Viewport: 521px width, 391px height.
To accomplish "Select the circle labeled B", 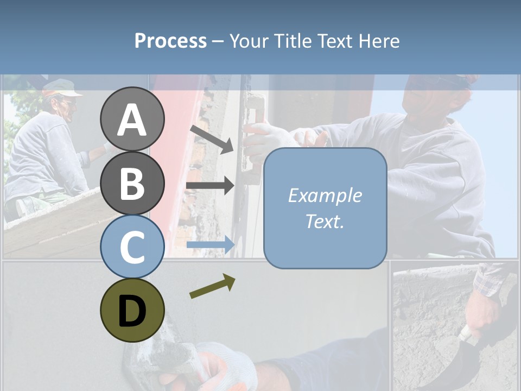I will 132,183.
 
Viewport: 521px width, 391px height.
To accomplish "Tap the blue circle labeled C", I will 132,247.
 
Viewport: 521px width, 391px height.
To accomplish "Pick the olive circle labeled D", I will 132,310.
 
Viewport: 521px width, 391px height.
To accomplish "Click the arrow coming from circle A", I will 212,139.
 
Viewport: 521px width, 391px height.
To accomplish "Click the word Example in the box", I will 325,195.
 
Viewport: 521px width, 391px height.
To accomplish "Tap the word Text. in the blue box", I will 325,222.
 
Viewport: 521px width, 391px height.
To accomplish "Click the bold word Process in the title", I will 170,41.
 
